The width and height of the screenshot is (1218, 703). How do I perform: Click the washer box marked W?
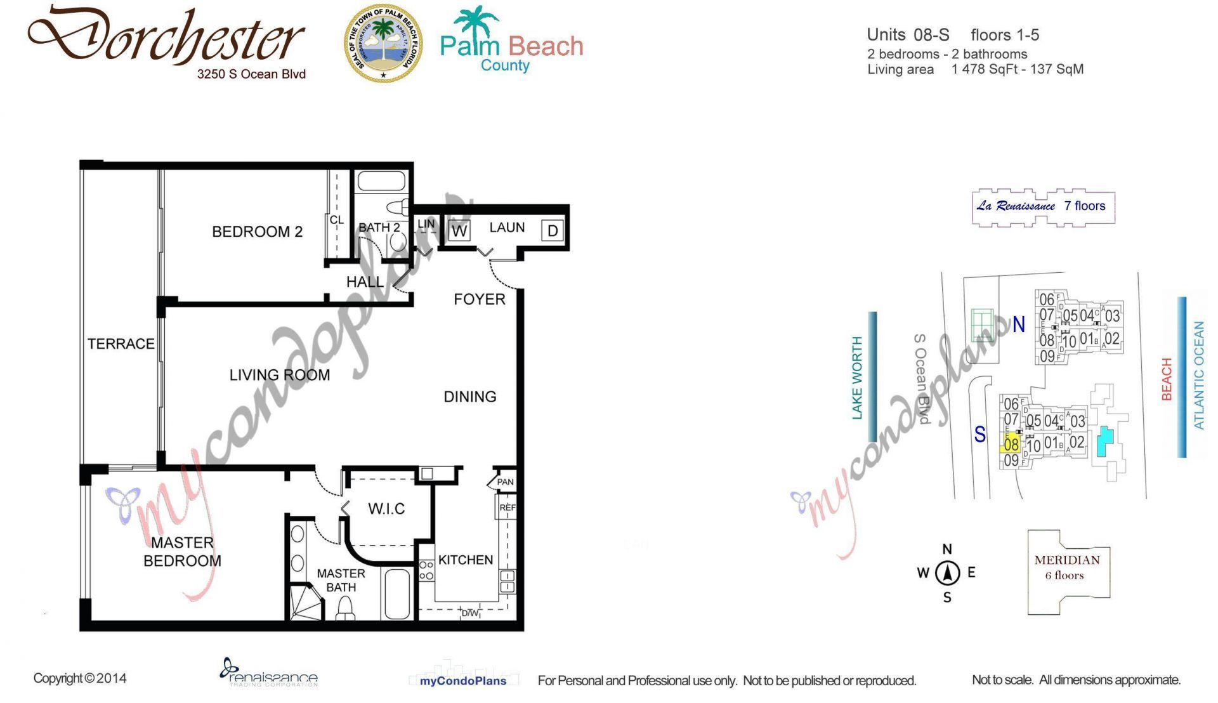tap(459, 231)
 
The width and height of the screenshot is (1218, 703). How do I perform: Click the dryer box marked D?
tap(553, 230)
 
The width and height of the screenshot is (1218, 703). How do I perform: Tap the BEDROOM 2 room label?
tap(257, 232)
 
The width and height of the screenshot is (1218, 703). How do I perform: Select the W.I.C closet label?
tap(386, 509)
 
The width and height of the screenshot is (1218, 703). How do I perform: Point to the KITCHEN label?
tap(466, 560)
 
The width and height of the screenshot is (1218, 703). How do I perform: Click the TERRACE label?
tap(121, 344)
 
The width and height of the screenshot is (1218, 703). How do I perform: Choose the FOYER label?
tap(480, 299)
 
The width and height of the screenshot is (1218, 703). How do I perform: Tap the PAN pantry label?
tap(505, 482)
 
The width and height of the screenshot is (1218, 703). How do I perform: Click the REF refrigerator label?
tap(507, 508)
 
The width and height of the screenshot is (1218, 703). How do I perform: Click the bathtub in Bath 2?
tap(381, 181)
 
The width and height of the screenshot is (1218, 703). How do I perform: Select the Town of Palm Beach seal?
tap(383, 44)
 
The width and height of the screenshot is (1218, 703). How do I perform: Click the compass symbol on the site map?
tap(947, 573)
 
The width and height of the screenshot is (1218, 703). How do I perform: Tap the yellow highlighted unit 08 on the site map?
tap(1011, 445)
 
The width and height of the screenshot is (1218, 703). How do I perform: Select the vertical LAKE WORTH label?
tap(857, 378)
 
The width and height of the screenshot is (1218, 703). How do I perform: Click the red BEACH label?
tap(1167, 379)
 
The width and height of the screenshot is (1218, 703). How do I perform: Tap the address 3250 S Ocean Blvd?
tap(251, 74)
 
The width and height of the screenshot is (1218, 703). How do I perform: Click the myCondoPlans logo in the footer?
tap(463, 680)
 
